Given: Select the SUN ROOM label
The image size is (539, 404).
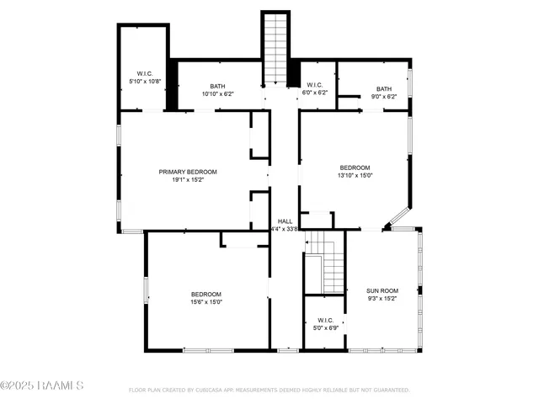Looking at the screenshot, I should pyautogui.click(x=382, y=290).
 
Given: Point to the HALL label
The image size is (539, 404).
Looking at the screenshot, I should pyautogui.click(x=285, y=221).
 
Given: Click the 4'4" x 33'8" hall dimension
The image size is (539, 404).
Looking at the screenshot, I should pyautogui.click(x=285, y=228).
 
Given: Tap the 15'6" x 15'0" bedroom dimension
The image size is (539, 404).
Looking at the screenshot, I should pyautogui.click(x=205, y=301).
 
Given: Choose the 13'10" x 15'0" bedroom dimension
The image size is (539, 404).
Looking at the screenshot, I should pyautogui.click(x=355, y=175).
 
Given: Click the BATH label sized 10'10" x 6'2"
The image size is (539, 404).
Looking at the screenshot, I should pyautogui.click(x=217, y=86).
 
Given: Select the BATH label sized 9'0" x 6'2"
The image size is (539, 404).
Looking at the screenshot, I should pyautogui.click(x=384, y=89).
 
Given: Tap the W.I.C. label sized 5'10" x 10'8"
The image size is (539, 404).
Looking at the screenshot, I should pyautogui.click(x=144, y=73).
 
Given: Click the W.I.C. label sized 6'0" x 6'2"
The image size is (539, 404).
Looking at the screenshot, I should pyautogui.click(x=314, y=84).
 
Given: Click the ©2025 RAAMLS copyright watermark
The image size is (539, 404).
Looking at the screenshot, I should pyautogui.click(x=42, y=386).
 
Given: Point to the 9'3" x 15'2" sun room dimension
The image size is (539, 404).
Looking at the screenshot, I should pyautogui.click(x=382, y=297).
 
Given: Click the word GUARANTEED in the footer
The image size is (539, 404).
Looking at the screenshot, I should pyautogui.click(x=389, y=391).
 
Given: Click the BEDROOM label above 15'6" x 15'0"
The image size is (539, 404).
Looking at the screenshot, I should pyautogui.click(x=205, y=294).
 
